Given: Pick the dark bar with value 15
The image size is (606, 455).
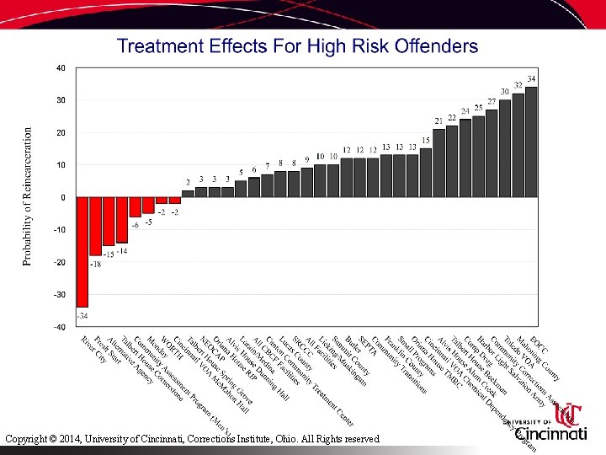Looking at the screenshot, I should click(x=426, y=173).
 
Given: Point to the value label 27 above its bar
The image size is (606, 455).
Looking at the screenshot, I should click(x=492, y=102).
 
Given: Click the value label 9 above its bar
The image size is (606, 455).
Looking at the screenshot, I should click(x=307, y=159).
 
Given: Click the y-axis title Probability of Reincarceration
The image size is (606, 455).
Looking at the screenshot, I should click(x=27, y=196).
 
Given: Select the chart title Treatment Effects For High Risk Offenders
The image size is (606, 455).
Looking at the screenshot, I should click(x=297, y=46).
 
